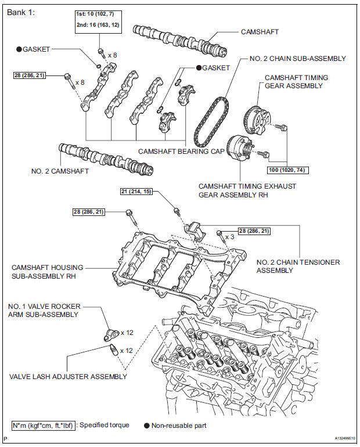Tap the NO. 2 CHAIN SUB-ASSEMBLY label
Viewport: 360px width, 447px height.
pyautogui.click(x=297, y=59)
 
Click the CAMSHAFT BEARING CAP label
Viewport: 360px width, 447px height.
pyautogui.click(x=175, y=151)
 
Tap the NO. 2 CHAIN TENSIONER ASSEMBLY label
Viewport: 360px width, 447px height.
pyautogui.click(x=298, y=266)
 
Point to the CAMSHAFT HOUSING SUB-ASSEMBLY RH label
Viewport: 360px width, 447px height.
pyautogui.click(x=47, y=272)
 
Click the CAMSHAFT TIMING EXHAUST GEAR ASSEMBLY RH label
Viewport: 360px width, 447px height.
pyautogui.click(x=247, y=190)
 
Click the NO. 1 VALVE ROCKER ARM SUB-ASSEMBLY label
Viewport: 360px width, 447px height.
pyautogui.click(x=44, y=310)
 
